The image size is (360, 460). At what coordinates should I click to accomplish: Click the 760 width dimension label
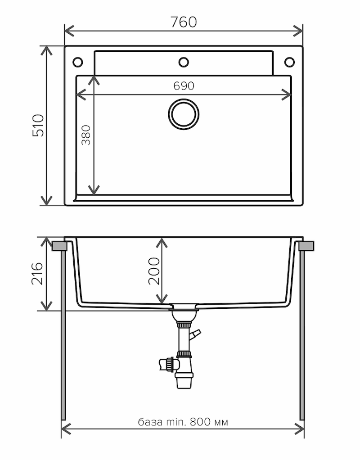(184, 22)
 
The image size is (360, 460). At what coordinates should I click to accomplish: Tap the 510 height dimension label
(38, 126)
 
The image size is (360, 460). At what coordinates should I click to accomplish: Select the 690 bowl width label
(184, 86)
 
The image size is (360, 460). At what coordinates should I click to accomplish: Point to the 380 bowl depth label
(86, 135)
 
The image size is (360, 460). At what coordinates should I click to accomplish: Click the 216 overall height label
(37, 274)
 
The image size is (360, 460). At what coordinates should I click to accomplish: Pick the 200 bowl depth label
(154, 271)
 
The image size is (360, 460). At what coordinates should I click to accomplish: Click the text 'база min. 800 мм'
(183, 422)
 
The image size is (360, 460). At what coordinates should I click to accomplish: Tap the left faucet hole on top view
(78, 62)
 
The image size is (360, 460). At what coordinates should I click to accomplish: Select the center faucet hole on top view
(184, 62)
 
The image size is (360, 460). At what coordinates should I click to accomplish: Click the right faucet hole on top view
(290, 62)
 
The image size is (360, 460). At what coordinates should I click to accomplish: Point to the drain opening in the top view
(184, 114)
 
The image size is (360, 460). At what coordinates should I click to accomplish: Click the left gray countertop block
(59, 246)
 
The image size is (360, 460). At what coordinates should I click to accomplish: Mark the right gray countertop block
(306, 246)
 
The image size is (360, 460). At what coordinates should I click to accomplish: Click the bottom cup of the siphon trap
(184, 380)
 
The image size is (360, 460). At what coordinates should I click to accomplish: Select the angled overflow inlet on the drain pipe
(195, 334)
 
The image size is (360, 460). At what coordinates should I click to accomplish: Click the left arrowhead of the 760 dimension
(69, 31)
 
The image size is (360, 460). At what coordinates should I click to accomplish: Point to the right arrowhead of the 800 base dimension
(299, 428)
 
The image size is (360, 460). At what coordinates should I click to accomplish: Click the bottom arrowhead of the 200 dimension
(162, 299)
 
